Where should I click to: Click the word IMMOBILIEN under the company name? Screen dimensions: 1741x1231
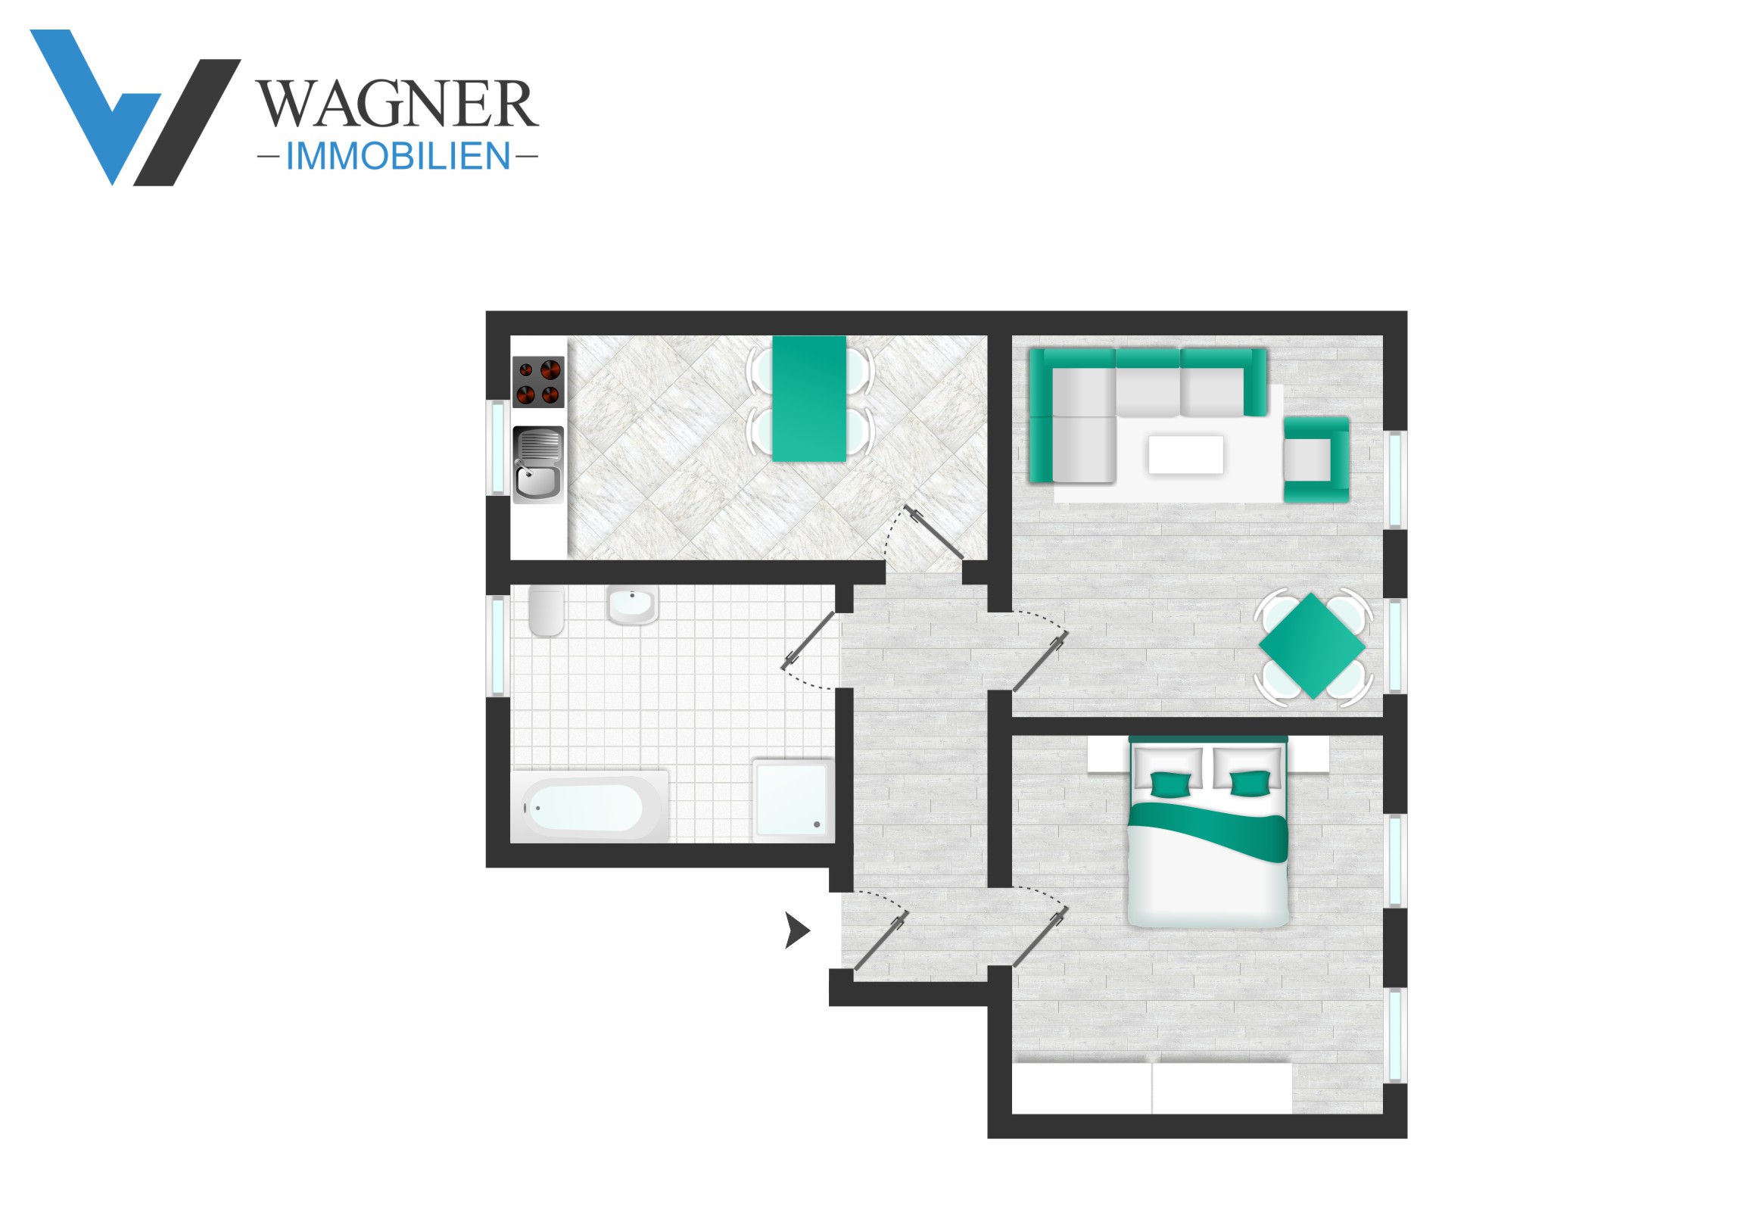(398, 156)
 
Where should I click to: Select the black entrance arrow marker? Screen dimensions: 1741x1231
(797, 930)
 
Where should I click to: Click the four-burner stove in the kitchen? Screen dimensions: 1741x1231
(538, 382)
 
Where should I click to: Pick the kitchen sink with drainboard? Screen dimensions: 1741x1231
(538, 465)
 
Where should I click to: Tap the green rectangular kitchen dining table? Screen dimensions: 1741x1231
(809, 399)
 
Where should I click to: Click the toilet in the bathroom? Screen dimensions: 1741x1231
(546, 610)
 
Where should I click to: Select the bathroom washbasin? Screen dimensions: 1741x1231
(631, 605)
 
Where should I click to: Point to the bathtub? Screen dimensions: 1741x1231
(590, 807)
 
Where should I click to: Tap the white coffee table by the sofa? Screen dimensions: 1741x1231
(1185, 454)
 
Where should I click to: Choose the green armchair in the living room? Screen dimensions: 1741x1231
(1316, 460)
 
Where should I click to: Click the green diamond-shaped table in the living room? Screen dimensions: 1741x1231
(1313, 647)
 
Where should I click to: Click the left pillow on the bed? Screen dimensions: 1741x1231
(1169, 771)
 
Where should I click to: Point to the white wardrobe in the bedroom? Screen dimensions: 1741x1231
(1152, 1088)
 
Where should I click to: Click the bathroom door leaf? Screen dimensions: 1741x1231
(808, 641)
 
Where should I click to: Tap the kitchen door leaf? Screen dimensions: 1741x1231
(933, 532)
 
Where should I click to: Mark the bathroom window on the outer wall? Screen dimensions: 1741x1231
(497, 647)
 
